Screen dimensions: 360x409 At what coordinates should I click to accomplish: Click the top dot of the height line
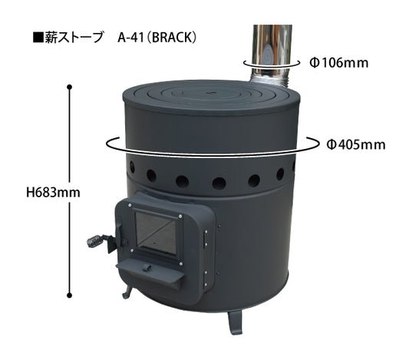(70, 86)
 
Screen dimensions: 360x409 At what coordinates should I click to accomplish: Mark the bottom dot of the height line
(70, 295)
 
